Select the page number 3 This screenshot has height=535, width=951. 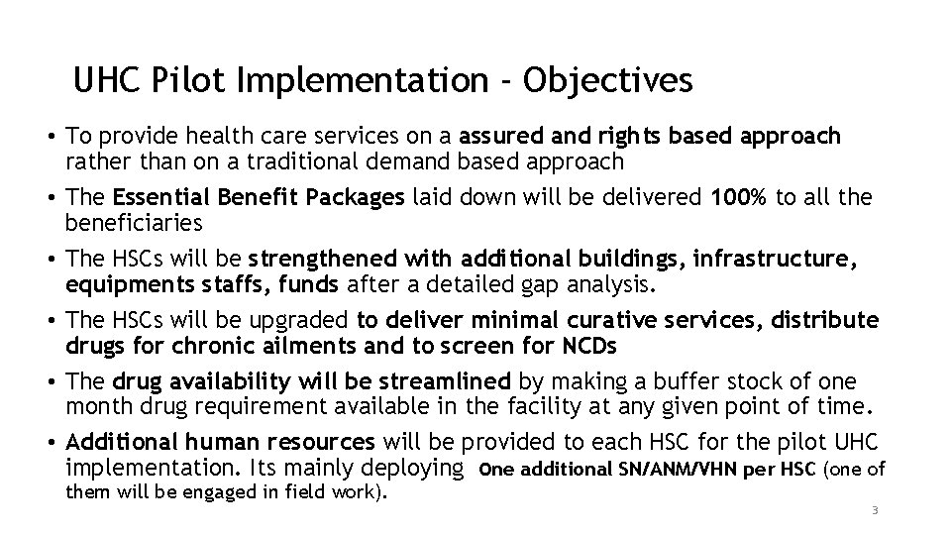875,511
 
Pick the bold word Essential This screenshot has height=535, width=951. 158,197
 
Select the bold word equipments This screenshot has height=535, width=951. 123,285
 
